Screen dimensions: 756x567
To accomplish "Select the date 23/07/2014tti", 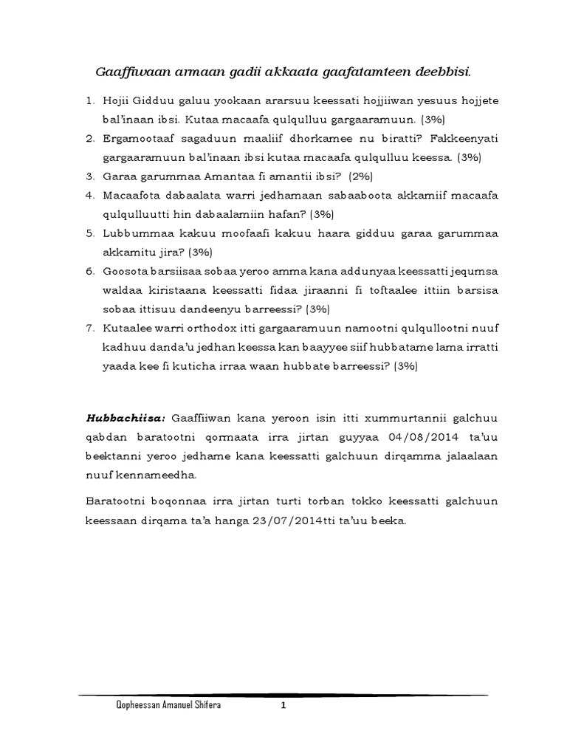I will click(x=289, y=520).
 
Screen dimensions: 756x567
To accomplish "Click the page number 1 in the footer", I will click(x=282, y=706).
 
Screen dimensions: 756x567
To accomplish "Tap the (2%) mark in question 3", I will click(x=361, y=176).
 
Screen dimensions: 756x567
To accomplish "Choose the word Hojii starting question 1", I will click(x=114, y=100).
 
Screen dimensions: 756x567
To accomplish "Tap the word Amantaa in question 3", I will click(x=220, y=176).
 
